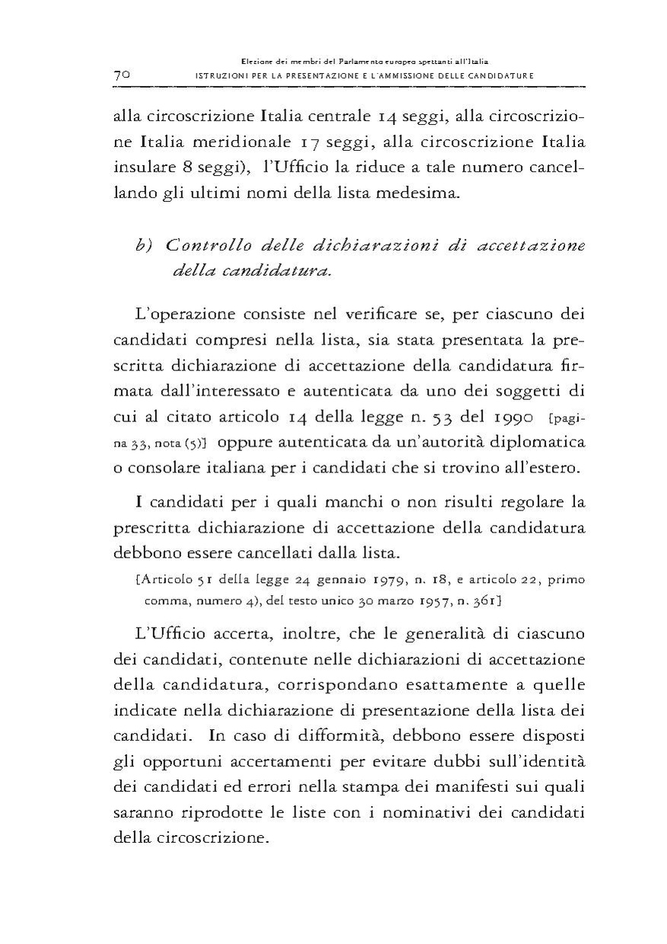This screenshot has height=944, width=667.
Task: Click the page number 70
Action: click(123, 75)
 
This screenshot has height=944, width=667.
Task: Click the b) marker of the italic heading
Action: click(145, 247)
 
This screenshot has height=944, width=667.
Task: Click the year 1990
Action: click(497, 417)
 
